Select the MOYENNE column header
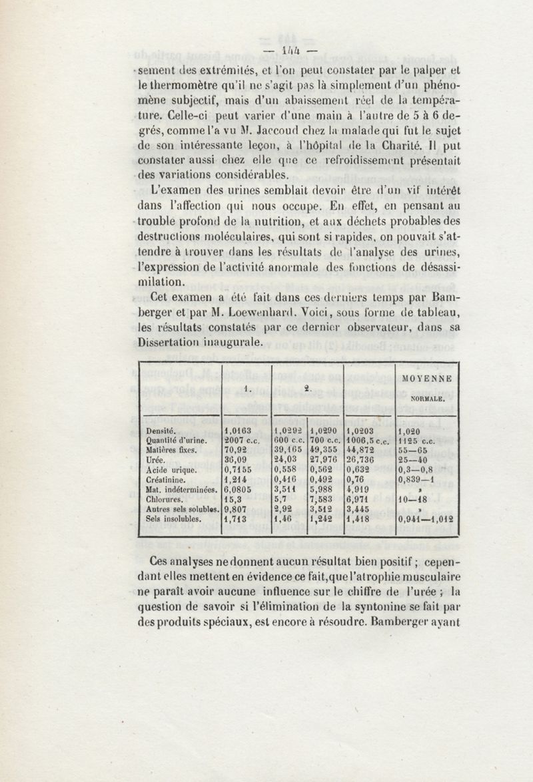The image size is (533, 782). click(427, 379)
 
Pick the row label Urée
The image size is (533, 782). click(156, 459)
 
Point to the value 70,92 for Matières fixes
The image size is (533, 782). click(237, 449)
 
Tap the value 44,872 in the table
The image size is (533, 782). click(364, 449)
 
